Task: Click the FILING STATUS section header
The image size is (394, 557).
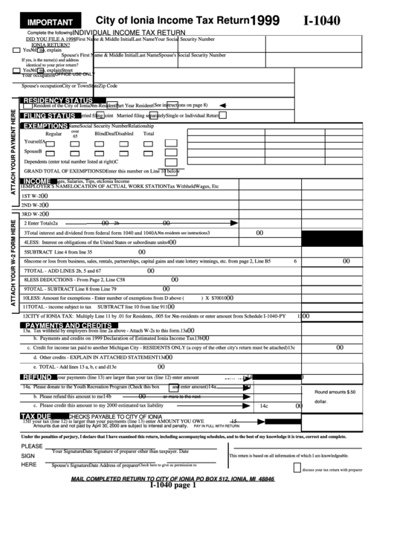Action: coord(48,116)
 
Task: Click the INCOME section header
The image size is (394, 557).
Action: coord(37,181)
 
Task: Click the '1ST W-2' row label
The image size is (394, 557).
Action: coord(32,195)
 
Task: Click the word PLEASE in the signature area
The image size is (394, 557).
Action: coord(32,446)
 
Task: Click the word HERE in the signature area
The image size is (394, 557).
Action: coord(29,465)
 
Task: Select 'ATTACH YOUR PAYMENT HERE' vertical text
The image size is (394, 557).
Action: coord(13,152)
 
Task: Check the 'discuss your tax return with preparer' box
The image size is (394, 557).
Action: coord(297,468)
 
